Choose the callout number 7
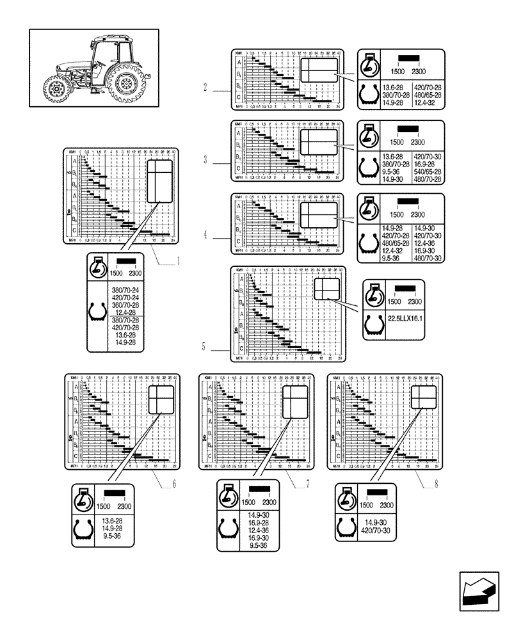point(307,484)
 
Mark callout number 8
point(435,484)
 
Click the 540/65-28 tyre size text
point(428,172)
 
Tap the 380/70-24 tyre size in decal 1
point(125,289)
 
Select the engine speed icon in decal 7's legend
point(229,496)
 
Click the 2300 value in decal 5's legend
point(415,302)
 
